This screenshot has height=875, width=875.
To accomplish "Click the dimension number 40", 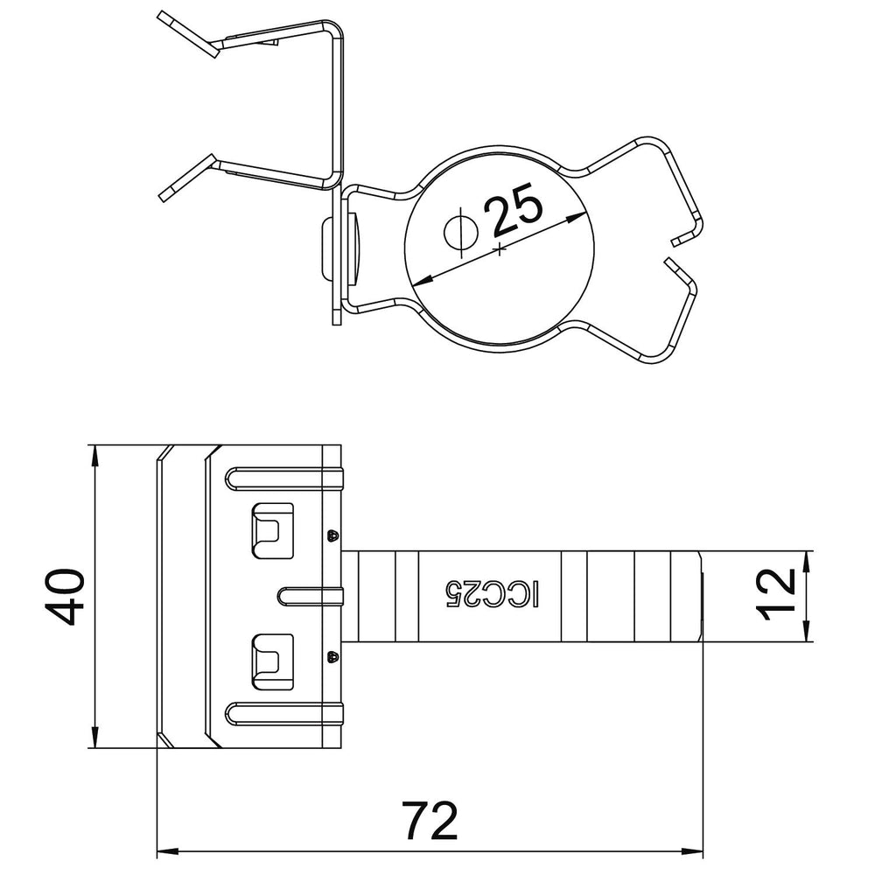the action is click(x=65, y=597).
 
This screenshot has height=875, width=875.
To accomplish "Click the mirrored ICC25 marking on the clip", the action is click(x=492, y=595).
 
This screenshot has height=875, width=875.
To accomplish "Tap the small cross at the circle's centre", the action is click(x=500, y=250).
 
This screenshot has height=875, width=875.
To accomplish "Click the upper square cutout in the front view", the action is click(x=273, y=530).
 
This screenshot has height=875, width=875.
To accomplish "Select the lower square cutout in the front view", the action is click(x=273, y=661).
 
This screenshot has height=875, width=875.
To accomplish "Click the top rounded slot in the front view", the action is click(x=284, y=479).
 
